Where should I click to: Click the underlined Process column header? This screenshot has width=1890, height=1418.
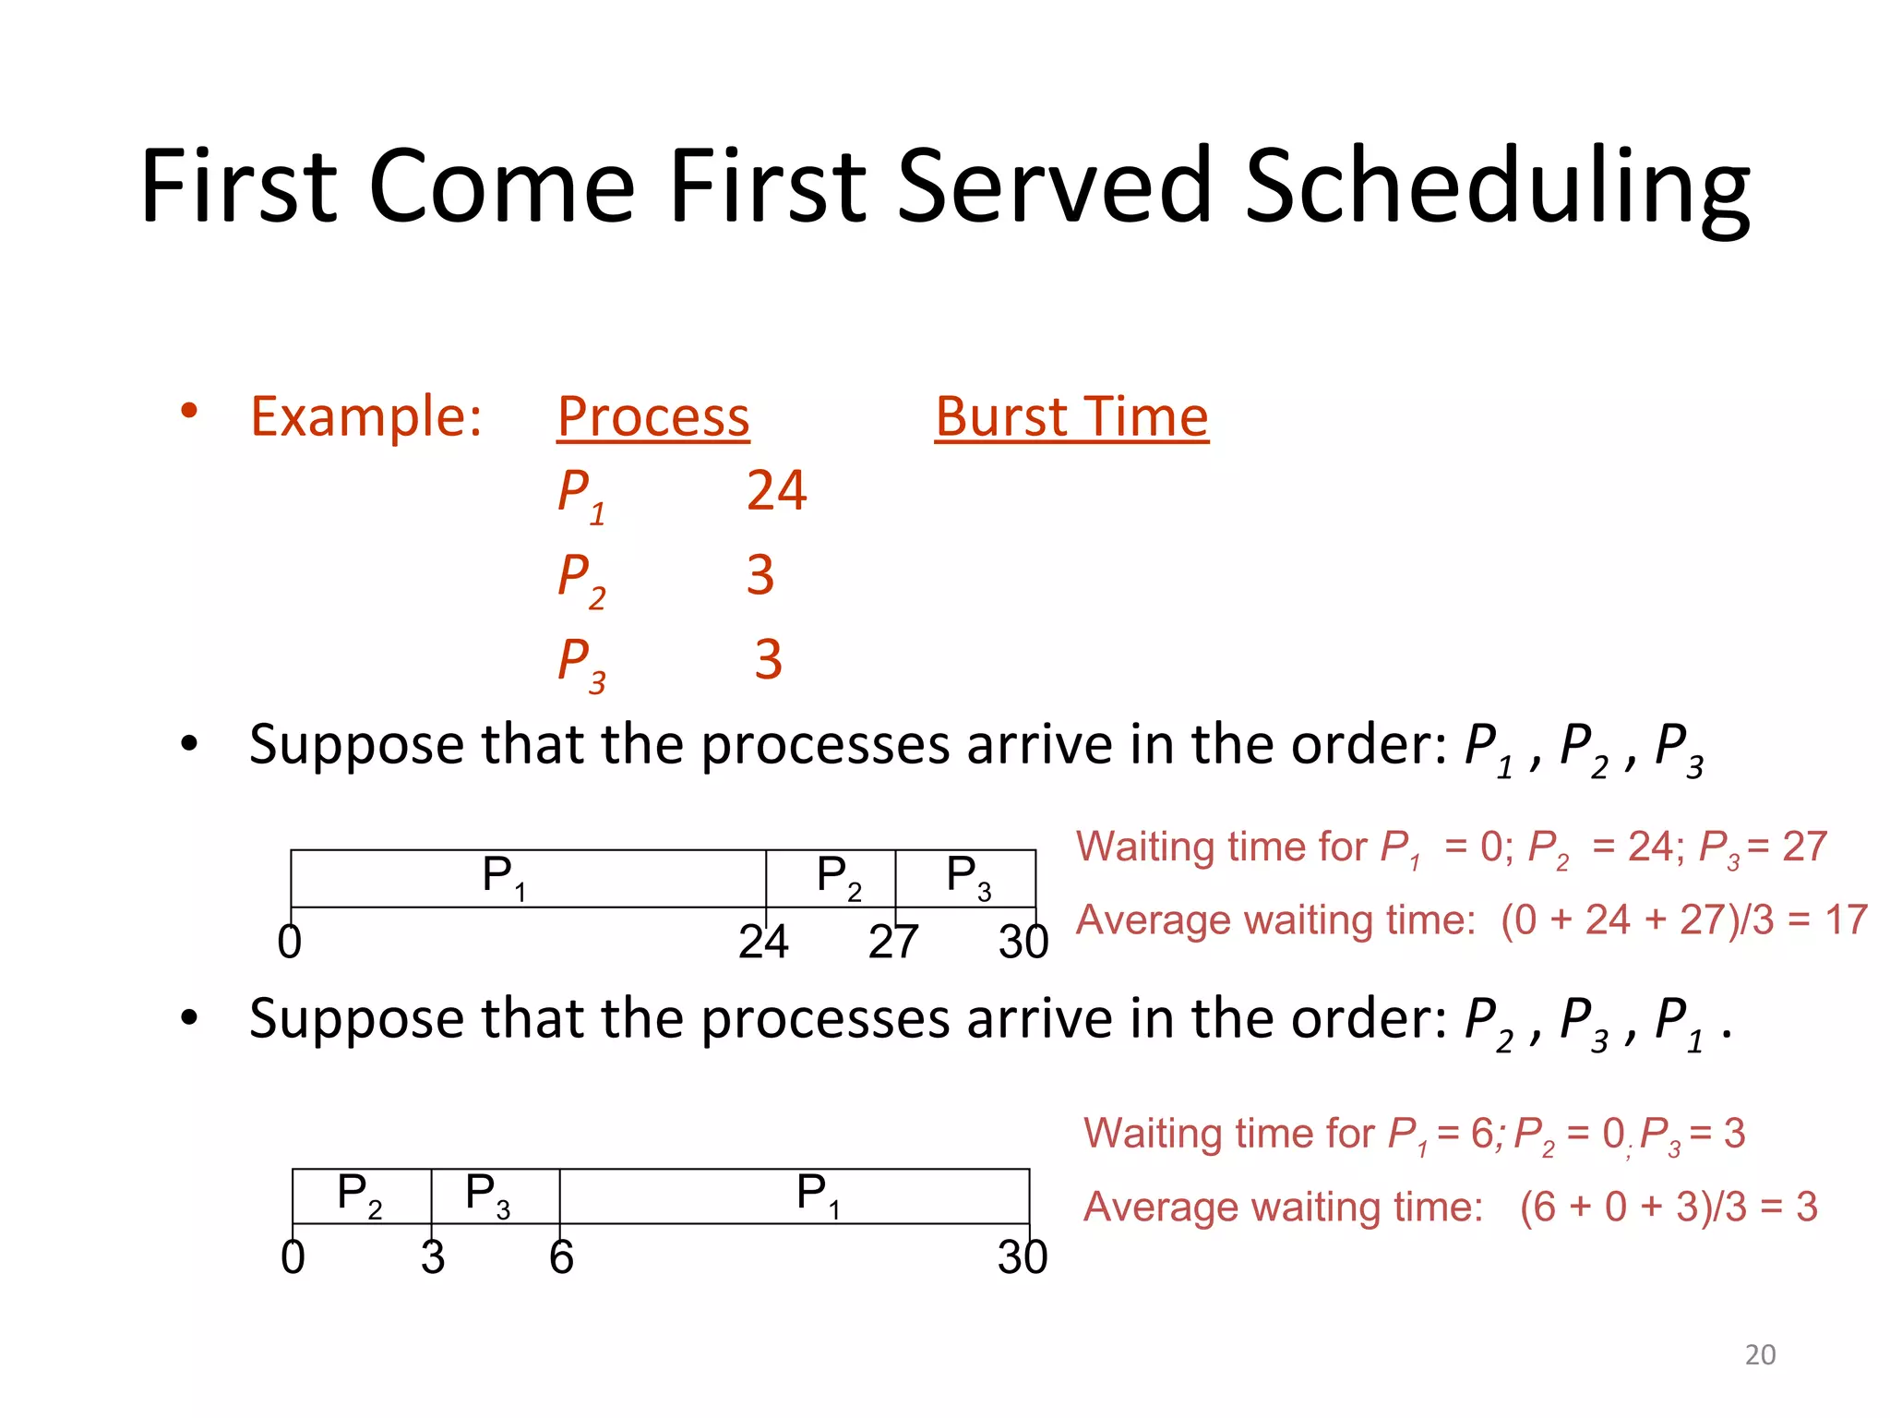[x=653, y=417]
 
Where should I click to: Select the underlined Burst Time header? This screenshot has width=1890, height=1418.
[x=1071, y=417]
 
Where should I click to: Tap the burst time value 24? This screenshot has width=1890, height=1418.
[x=776, y=490]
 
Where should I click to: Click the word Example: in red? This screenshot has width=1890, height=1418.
[x=366, y=416]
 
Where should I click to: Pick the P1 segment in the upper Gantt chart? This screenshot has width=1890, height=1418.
[x=528, y=878]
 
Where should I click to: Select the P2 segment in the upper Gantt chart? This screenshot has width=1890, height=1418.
[x=831, y=878]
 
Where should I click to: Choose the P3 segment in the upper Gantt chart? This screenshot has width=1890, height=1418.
[x=965, y=878]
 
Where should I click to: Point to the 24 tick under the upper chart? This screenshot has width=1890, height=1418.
[x=763, y=942]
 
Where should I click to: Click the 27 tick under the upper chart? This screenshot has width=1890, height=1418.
[x=893, y=942]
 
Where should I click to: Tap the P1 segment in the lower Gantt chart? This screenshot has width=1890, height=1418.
[x=794, y=1196]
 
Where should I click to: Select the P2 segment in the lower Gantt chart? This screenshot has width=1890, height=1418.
[x=362, y=1196]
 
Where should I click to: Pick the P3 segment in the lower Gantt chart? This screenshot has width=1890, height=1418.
[x=496, y=1196]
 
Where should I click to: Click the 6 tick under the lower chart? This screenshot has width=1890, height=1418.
[x=561, y=1257]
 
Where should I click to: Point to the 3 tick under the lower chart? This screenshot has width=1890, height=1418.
[x=433, y=1257]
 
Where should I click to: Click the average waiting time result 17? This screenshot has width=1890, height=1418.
[x=1846, y=920]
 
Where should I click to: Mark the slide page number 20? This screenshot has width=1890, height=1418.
[x=1760, y=1354]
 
